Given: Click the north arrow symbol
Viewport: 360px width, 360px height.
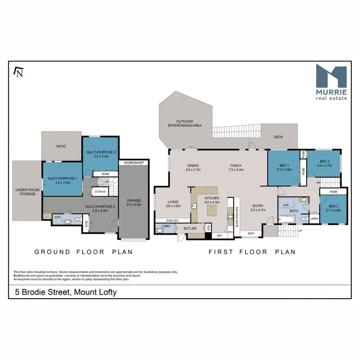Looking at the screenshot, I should point(19,72).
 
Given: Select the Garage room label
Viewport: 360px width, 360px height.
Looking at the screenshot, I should point(133,202).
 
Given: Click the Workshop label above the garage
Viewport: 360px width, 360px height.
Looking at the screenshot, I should point(134,163).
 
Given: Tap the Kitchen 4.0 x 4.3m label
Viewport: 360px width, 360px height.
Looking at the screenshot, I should point(212,200).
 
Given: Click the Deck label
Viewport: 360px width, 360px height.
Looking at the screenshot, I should point(278,137).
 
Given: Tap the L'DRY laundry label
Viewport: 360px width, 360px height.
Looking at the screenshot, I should point(166,226).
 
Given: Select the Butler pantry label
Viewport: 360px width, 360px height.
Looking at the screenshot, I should point(190,228).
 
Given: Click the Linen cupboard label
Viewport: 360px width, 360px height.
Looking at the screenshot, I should point(314,220).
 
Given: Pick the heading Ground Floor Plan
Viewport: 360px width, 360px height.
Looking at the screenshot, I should point(83,252).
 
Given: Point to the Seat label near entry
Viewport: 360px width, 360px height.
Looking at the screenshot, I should point(251,234).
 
